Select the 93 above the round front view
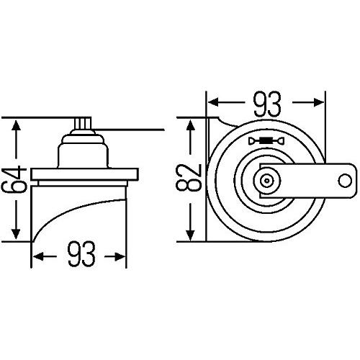(x=266, y=106)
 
